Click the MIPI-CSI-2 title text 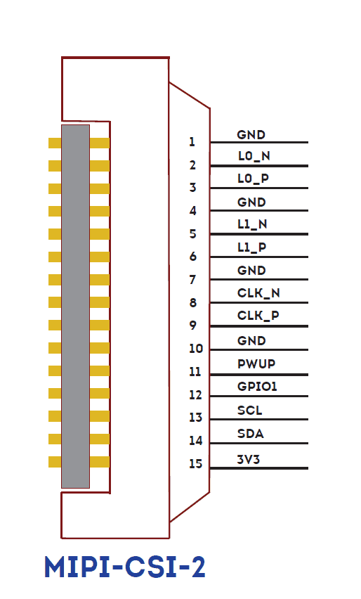click(x=125, y=567)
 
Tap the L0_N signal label click(x=254, y=156)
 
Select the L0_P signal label click(x=253, y=179)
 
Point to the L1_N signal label click(x=252, y=224)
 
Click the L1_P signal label click(x=251, y=247)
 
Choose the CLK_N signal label click(x=258, y=293)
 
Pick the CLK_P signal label click(x=258, y=316)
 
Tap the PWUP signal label click(x=256, y=364)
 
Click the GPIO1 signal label click(x=257, y=387)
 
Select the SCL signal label click(x=249, y=411)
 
